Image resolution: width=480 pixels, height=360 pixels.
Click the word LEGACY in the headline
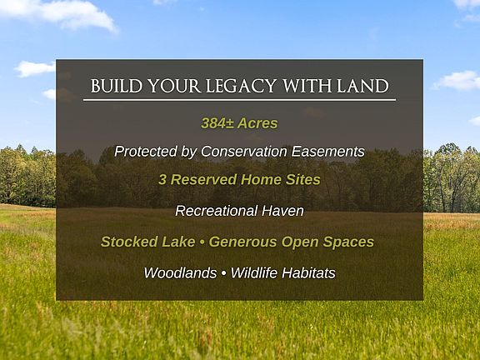(241, 87)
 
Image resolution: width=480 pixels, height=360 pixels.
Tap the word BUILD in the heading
(117, 86)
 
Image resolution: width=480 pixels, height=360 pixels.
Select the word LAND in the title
(362, 86)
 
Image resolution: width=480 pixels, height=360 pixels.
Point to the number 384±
(217, 123)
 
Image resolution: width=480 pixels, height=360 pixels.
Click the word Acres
(257, 123)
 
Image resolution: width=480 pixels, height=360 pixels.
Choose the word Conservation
(244, 151)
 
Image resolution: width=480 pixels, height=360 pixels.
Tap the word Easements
(327, 151)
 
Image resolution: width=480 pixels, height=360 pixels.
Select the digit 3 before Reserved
(162, 180)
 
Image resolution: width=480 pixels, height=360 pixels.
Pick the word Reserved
(203, 180)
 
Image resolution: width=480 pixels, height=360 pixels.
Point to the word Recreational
(216, 211)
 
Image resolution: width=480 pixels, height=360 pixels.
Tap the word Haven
(282, 211)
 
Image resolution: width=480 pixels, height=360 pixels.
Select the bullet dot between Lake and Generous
(202, 242)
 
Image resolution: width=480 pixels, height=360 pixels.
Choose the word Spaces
(348, 242)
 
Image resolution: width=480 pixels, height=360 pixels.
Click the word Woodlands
(180, 272)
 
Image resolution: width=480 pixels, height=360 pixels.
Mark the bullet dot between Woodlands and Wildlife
(223, 273)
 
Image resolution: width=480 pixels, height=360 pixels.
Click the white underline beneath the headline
(239, 100)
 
